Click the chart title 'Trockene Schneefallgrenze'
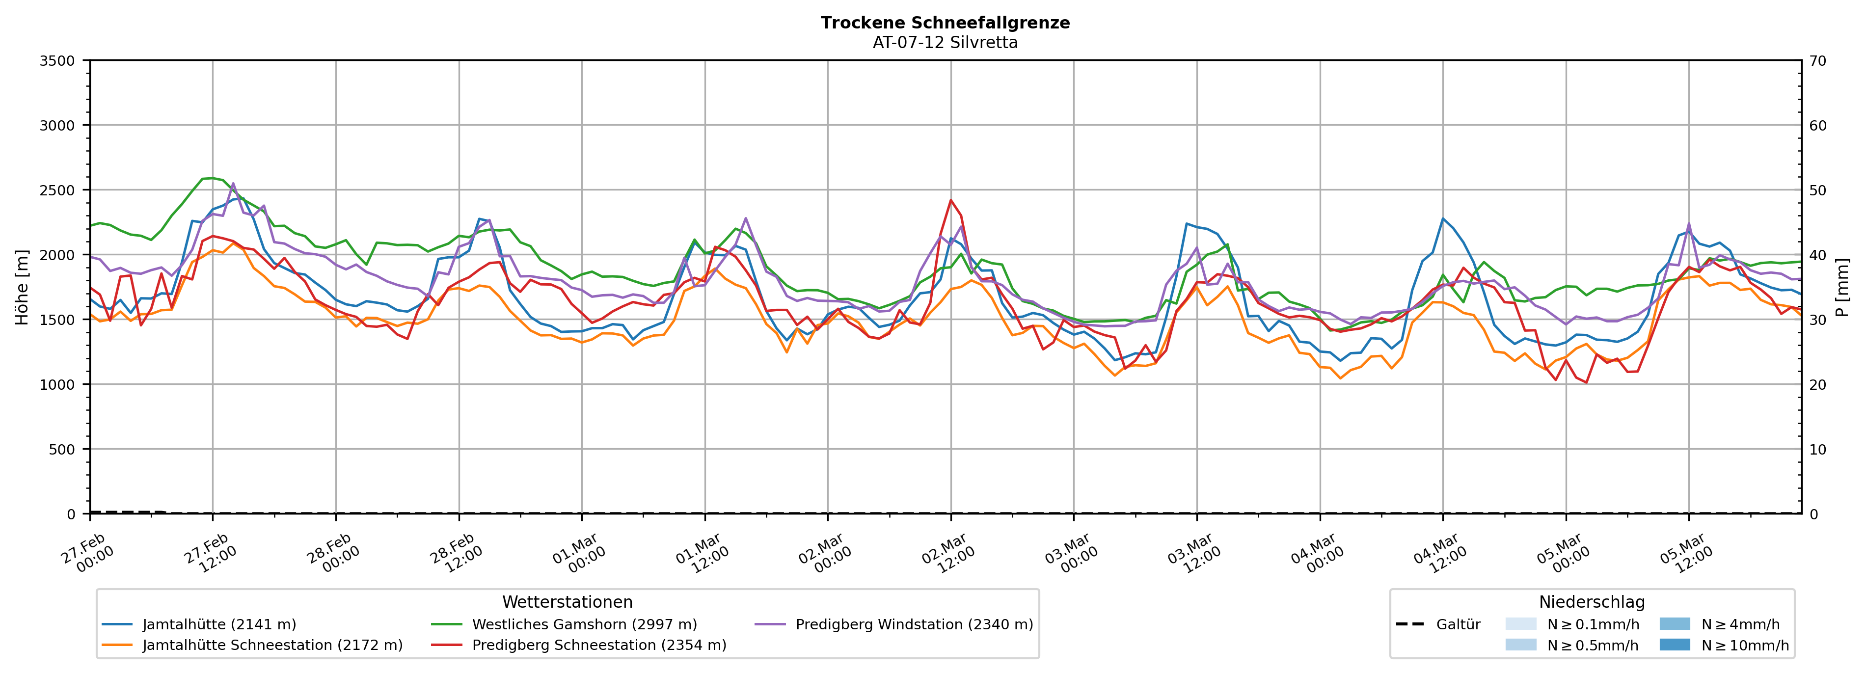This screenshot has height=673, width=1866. coord(945,23)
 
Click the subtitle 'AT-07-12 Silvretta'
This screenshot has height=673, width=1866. coord(945,42)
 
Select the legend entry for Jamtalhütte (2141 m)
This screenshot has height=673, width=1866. coord(219,624)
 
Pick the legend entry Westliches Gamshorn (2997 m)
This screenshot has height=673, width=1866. coord(584,624)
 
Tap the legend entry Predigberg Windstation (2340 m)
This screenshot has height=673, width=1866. coord(914,624)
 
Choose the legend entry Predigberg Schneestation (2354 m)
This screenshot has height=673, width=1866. coord(598,645)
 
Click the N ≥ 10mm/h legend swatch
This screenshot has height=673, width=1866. coord(1674,645)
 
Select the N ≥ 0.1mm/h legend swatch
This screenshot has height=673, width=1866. coord(1520,624)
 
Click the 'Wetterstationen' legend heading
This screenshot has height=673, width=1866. coord(567,602)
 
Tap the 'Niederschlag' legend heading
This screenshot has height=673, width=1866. coord(1592,602)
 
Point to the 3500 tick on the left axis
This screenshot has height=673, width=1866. coord(57,61)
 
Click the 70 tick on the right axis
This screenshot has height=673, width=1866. coord(1817,61)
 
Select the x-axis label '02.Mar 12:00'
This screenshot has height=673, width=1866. coord(947,554)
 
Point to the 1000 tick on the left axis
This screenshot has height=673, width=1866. coord(57,385)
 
